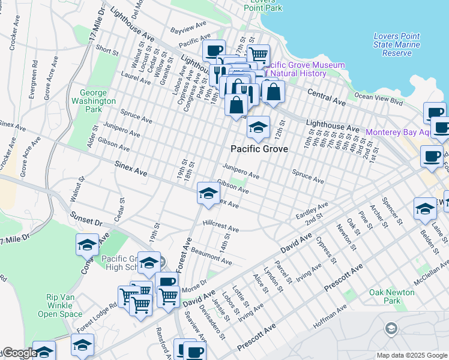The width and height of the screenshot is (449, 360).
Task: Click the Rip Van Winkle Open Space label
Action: (64, 305)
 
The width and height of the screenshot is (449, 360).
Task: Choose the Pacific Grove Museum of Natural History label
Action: (303, 69)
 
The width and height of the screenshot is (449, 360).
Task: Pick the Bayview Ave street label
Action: (187, 29)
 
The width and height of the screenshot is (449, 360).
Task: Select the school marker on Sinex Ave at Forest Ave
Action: (208, 194)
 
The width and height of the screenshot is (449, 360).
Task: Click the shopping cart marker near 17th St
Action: (258, 55)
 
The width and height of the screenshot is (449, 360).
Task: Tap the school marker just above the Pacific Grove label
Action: (258, 128)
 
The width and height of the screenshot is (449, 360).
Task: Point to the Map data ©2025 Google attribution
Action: (412, 355)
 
